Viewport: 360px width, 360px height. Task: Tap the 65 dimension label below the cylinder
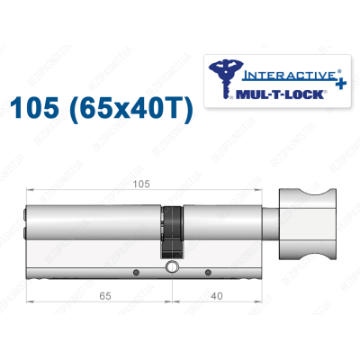click(82, 292)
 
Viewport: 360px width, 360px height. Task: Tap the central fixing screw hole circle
click(171, 269)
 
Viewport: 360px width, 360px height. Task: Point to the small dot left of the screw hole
click(136, 272)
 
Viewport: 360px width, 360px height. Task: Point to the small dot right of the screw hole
click(207, 272)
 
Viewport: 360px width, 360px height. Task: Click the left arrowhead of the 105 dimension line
click(31, 190)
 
